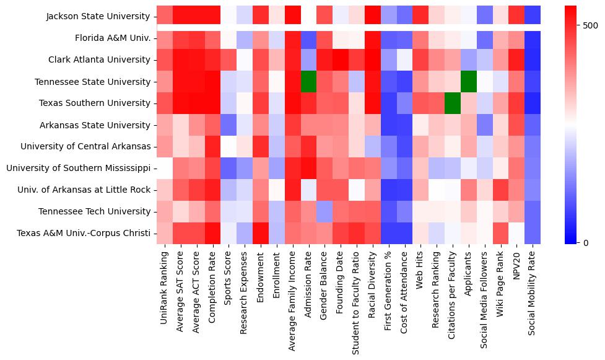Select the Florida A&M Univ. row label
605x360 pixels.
pyautogui.click(x=113, y=38)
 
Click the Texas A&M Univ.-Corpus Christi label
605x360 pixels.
pyautogui.click(x=84, y=233)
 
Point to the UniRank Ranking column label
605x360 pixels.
pyautogui.click(x=165, y=286)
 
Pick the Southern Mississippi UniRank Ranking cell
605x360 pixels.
pyautogui.click(x=165, y=168)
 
